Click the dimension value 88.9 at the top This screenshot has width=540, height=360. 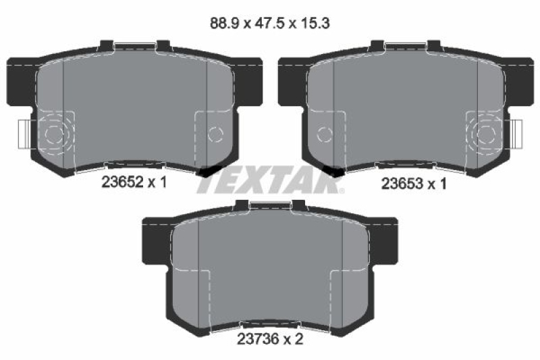(x=224, y=24)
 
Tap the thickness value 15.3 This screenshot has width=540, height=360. (x=315, y=24)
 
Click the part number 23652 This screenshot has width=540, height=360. (x=122, y=182)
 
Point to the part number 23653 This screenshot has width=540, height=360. (x=402, y=184)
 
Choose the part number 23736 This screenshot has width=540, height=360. (x=258, y=339)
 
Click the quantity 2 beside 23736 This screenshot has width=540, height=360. (x=298, y=339)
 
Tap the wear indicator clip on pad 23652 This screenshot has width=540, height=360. (x=24, y=134)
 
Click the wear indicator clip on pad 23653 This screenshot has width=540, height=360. (x=517, y=134)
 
